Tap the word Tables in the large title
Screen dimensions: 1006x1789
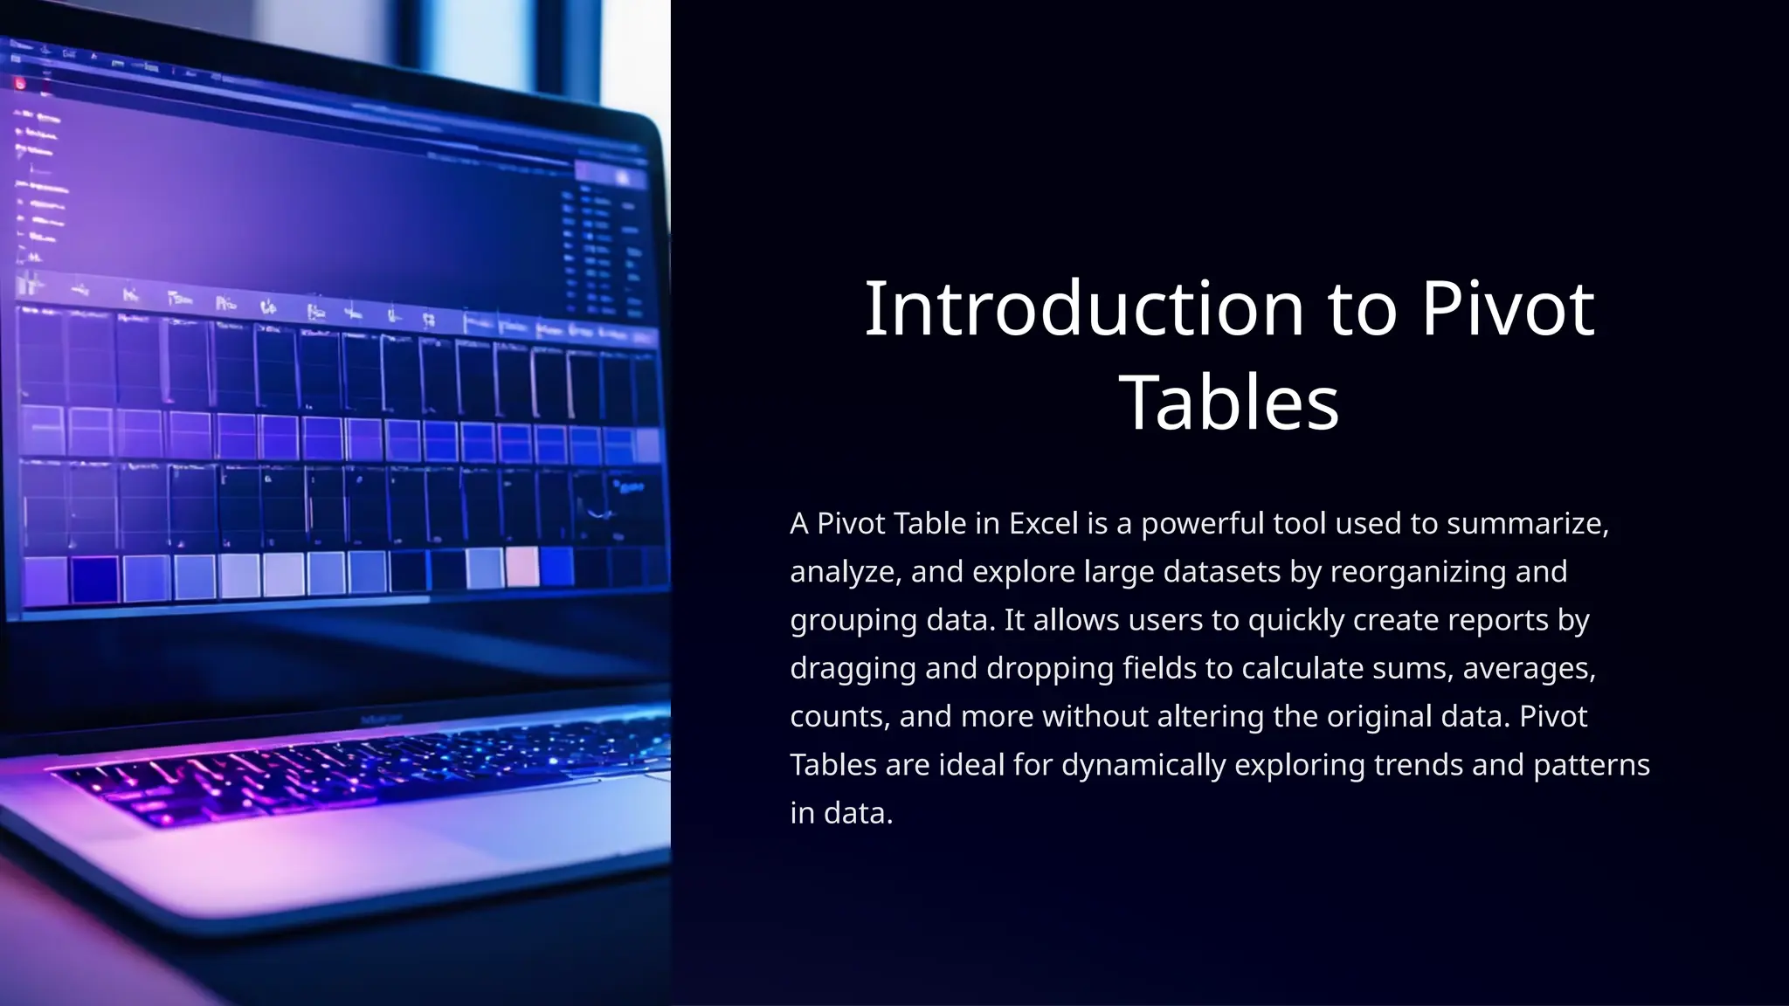[1228, 403]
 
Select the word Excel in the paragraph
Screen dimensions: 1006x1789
[1044, 524]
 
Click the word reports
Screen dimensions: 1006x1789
[1497, 620]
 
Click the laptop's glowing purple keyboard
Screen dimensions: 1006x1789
[349, 768]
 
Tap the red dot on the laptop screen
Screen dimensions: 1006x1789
[20, 84]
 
